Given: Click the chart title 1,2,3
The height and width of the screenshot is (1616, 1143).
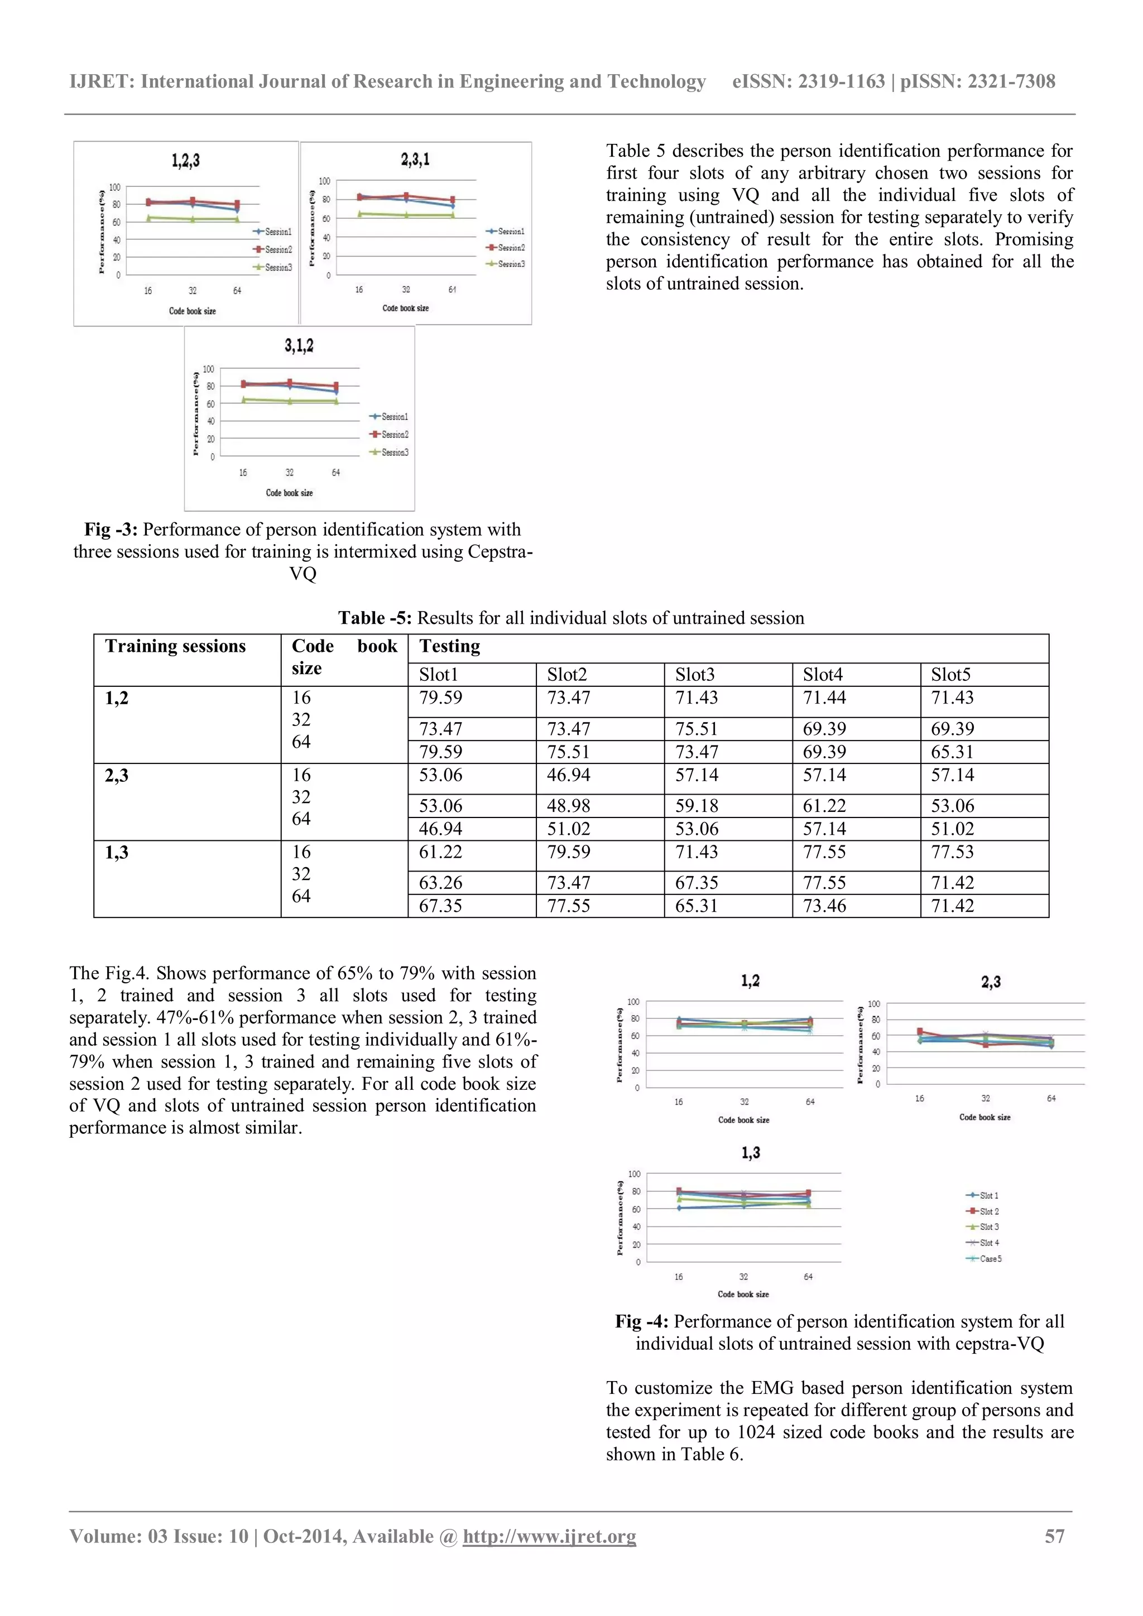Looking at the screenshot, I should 185,161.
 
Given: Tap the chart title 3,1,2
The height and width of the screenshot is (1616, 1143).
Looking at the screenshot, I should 299,345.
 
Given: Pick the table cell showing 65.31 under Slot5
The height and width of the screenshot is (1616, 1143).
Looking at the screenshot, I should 952,752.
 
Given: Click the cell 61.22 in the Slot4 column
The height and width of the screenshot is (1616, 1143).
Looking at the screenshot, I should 824,806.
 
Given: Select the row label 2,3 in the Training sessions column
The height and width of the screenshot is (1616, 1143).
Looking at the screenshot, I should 117,776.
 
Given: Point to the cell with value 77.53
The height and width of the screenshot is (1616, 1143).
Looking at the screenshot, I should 952,852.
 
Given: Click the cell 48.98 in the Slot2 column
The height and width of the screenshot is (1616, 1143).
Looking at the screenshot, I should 569,806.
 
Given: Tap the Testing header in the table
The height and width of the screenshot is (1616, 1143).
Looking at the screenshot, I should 450,646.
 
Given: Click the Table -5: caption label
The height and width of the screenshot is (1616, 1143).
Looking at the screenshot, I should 374,618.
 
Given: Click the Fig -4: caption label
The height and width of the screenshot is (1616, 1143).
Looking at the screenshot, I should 641,1322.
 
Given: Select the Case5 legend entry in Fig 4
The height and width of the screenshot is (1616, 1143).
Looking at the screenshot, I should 990,1258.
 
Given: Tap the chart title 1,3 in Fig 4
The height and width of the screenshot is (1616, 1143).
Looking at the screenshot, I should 750,1153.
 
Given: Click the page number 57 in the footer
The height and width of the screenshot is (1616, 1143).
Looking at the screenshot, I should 1054,1536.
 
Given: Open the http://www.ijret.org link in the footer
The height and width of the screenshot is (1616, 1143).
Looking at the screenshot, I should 549,1536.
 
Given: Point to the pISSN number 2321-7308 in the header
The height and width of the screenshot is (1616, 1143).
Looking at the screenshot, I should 1011,81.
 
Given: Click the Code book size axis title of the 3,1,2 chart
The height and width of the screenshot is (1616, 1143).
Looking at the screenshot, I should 289,493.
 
